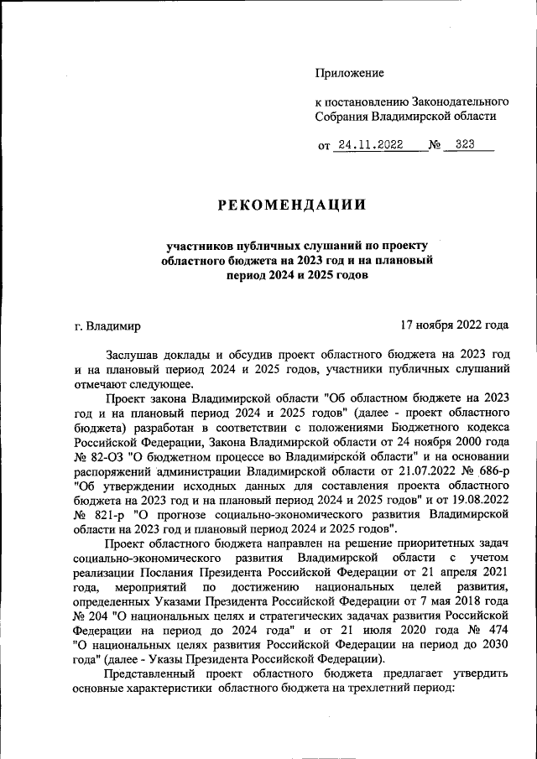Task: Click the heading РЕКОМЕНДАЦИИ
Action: (x=293, y=205)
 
